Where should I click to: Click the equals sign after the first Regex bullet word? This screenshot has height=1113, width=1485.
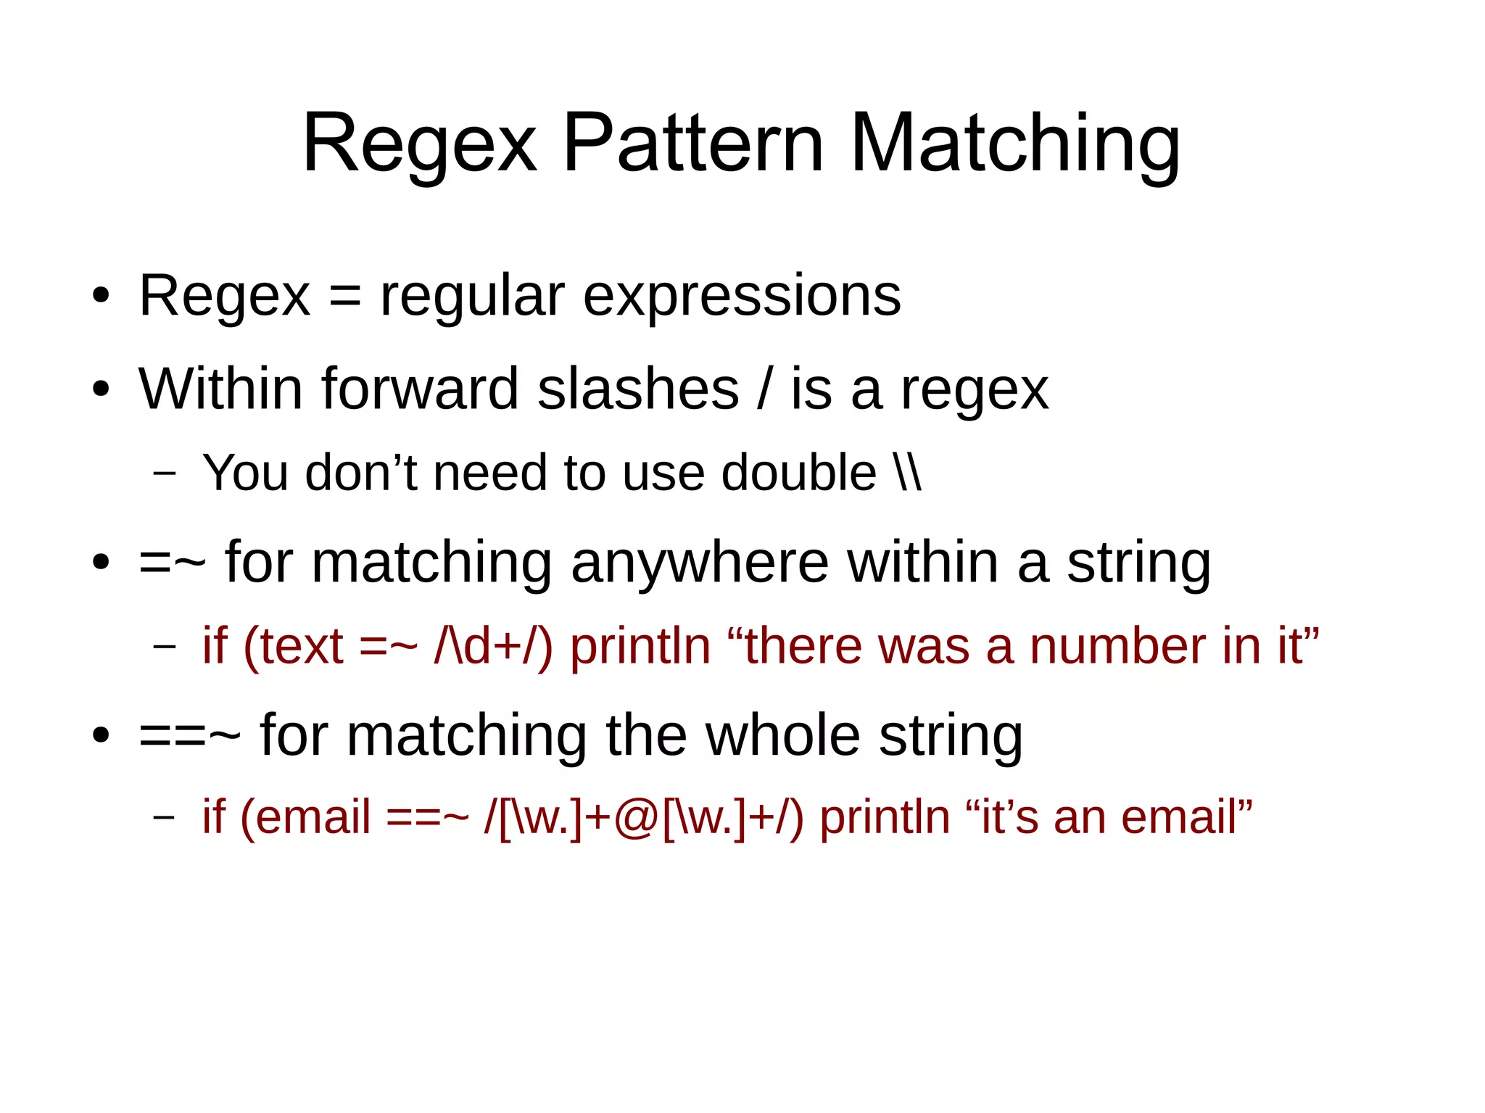coord(344,297)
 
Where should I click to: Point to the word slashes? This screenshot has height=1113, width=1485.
coord(638,389)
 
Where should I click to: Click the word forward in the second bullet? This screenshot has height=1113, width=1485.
coord(420,389)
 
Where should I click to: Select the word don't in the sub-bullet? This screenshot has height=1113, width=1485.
coord(360,473)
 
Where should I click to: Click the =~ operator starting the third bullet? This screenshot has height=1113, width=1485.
coord(172,563)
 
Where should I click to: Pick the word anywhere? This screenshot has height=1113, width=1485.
coord(700,563)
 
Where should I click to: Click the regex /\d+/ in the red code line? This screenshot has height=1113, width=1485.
coord(493,646)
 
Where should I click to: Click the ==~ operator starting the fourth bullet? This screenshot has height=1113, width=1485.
coord(189,737)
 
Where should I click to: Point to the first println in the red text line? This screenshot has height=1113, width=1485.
coord(640,646)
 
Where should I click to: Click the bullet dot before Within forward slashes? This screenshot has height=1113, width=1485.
coord(101,389)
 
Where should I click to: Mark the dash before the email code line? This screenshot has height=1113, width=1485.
coord(165,817)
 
